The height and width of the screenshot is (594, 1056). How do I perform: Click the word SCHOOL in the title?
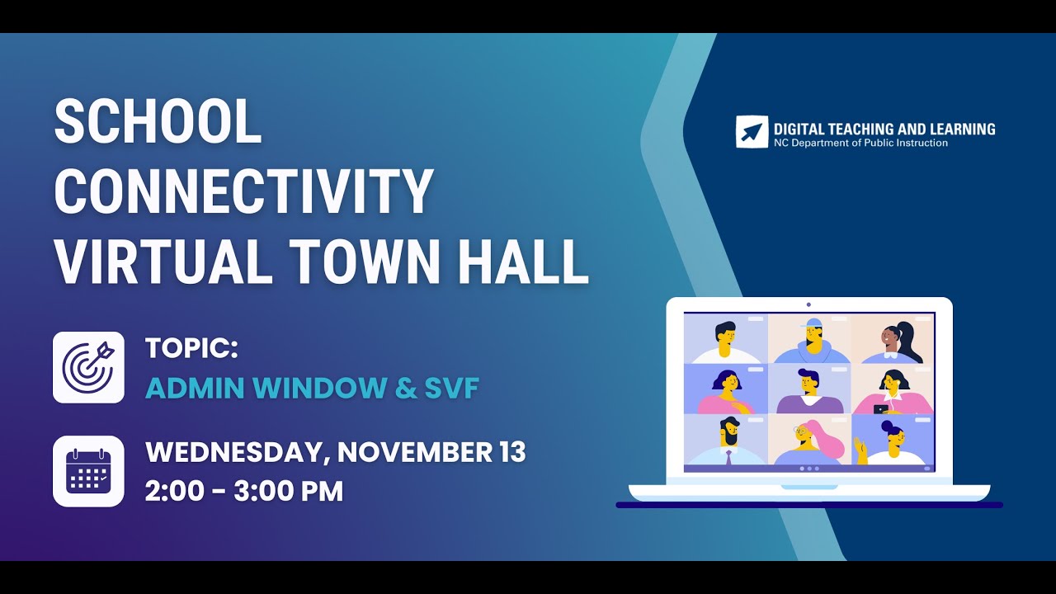click(x=158, y=122)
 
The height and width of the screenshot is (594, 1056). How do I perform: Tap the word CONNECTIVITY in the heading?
click(x=244, y=191)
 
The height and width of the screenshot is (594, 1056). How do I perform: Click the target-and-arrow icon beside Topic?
click(x=88, y=367)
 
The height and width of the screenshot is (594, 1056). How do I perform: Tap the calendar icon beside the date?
click(x=88, y=471)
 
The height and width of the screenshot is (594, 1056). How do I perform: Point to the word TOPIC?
click(x=191, y=348)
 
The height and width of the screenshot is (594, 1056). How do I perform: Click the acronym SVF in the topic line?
click(x=451, y=388)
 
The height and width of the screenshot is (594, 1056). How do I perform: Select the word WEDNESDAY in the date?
click(x=237, y=452)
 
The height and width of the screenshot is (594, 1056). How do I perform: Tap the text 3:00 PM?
click(x=288, y=491)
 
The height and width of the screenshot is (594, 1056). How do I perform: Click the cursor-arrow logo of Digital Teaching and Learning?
click(x=752, y=132)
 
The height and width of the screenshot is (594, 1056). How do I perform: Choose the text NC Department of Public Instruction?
click(x=860, y=143)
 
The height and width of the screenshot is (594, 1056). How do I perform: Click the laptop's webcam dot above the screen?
click(x=808, y=304)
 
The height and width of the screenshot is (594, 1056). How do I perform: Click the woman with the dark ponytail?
click(x=894, y=340)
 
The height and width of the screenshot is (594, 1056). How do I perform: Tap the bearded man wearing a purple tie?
click(x=727, y=439)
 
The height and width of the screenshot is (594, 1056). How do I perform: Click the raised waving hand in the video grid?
click(x=862, y=450)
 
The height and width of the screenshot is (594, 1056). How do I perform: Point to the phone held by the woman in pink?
click(x=880, y=408)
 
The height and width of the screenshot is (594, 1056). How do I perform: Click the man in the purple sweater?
click(x=809, y=392)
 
